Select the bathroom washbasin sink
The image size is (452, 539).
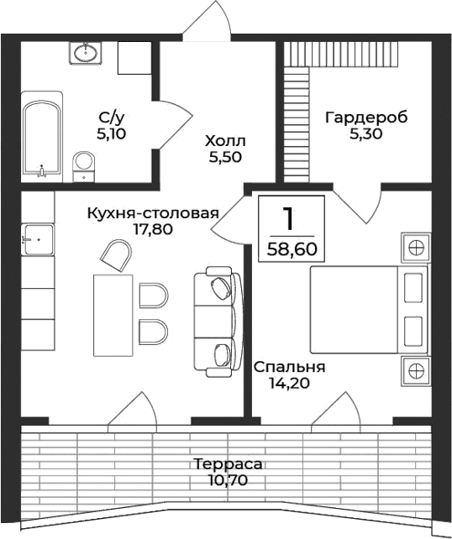(x=85, y=54)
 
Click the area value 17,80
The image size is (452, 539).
(x=152, y=228)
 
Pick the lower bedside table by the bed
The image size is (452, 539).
(x=415, y=369)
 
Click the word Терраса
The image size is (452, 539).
(x=227, y=464)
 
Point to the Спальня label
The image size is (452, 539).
(x=289, y=368)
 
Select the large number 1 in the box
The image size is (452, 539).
(x=288, y=219)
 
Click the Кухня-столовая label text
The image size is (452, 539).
(x=152, y=212)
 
